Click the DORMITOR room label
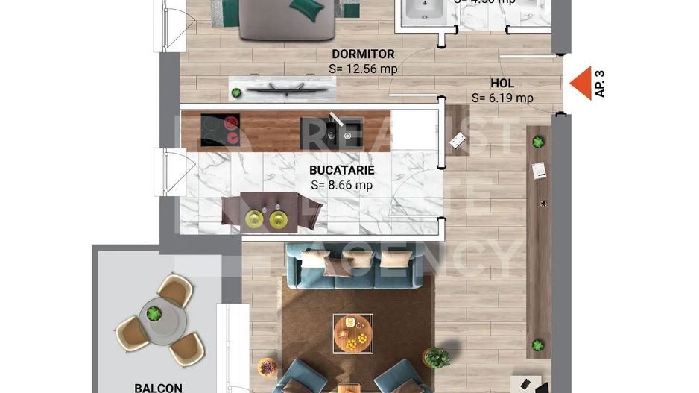[x=363, y=54]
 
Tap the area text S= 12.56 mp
[x=363, y=69]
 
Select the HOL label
[x=502, y=84]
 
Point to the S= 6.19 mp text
[x=502, y=98]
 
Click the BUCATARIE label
[x=341, y=170]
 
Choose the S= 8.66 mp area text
[x=341, y=185]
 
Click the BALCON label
[x=158, y=387]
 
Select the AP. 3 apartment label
[x=600, y=84]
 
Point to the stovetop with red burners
[x=221, y=130]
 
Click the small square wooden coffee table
[x=352, y=332]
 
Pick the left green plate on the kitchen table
[x=255, y=218]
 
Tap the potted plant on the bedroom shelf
[x=236, y=93]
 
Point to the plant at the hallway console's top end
[x=537, y=141]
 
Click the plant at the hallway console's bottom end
[x=537, y=345]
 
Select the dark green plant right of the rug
[x=437, y=358]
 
